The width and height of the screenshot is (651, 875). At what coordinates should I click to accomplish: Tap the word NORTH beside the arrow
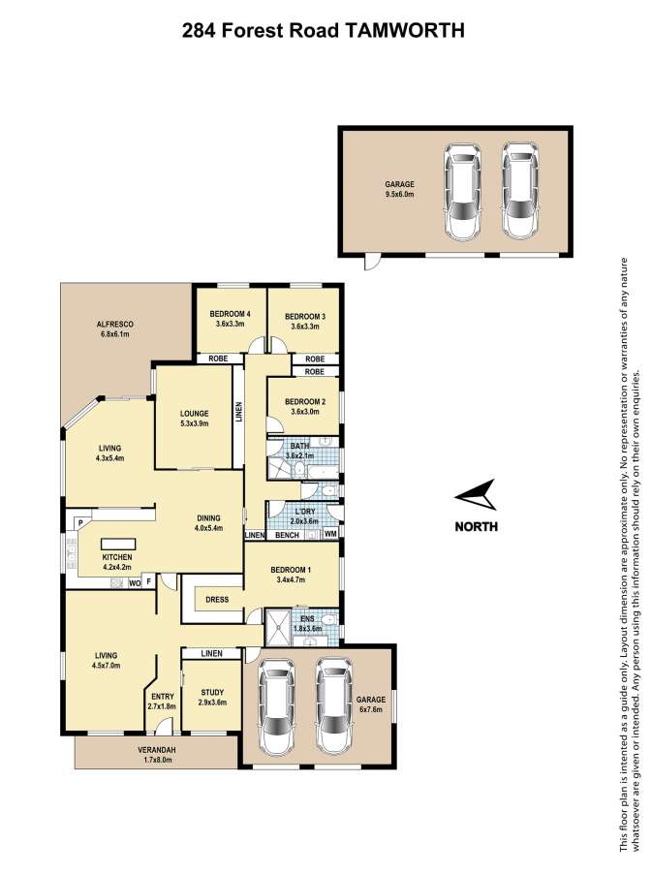[476, 526]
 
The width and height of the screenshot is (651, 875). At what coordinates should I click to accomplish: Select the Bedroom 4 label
[230, 314]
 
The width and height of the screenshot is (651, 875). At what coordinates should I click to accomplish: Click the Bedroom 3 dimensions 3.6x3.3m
[304, 327]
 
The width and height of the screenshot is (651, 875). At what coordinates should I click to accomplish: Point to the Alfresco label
[115, 325]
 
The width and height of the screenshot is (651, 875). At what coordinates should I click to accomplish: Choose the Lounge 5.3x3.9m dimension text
[194, 423]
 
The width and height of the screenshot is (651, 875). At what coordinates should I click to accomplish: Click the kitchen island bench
[118, 544]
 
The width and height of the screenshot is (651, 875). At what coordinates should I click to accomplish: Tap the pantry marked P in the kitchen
[80, 523]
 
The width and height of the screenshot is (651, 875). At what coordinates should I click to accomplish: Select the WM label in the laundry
[330, 534]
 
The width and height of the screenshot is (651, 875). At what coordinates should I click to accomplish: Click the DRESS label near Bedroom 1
[217, 600]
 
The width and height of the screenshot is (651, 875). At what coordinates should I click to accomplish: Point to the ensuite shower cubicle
[277, 627]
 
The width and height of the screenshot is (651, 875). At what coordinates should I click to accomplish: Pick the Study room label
[212, 693]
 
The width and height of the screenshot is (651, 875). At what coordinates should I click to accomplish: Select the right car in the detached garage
[520, 191]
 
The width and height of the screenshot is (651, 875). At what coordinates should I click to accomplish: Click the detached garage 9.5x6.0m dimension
[399, 194]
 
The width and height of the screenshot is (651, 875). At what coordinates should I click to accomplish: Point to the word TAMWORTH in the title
[402, 31]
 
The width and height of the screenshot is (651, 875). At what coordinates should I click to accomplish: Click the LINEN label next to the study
[211, 653]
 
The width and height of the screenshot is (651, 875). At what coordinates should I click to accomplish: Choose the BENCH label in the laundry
[288, 535]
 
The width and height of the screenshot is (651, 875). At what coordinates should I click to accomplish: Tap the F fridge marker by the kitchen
[149, 582]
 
